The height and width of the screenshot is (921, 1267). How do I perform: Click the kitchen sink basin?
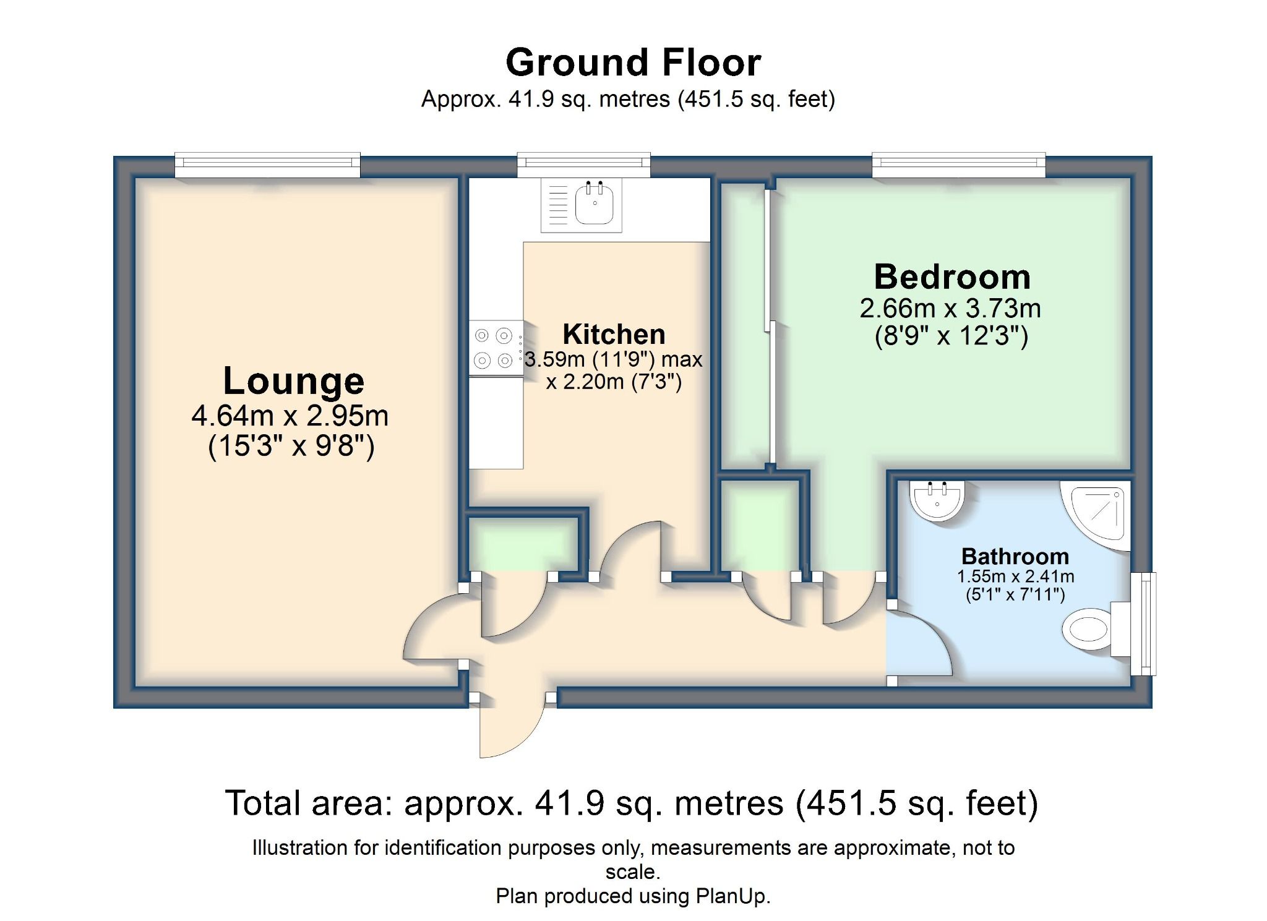(x=595, y=203)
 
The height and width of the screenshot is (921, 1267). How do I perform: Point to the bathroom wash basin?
(x=937, y=500)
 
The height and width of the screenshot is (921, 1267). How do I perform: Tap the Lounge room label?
(x=293, y=381)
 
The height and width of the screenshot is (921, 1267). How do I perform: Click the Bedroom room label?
(x=952, y=276)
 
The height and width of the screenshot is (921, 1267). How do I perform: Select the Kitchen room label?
(x=614, y=335)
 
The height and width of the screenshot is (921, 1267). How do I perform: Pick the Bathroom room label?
(x=1015, y=556)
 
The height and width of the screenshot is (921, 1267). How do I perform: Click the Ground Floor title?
(x=633, y=62)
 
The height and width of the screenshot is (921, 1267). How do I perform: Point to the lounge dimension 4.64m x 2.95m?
(x=290, y=416)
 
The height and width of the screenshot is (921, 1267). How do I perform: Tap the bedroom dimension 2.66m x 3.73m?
(x=950, y=308)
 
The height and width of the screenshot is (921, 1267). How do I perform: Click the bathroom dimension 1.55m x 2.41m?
(x=1015, y=576)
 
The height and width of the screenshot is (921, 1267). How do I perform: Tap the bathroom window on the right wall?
(x=1143, y=623)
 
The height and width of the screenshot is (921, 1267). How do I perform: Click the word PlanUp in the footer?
(x=732, y=896)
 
